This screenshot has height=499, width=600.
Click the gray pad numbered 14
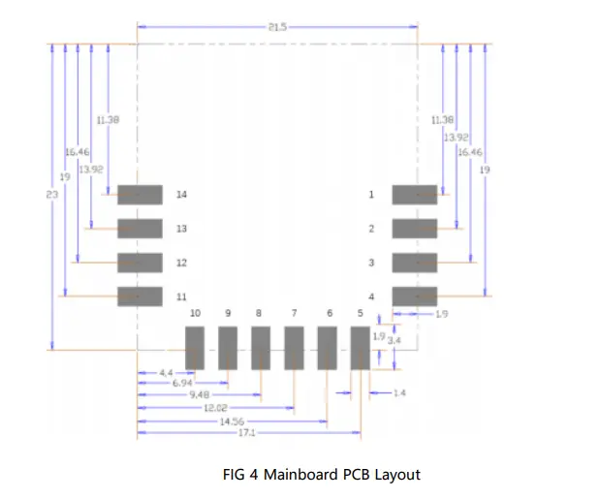click(140, 195)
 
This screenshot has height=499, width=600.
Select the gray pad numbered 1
click(415, 195)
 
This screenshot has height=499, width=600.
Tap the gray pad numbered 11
click(140, 296)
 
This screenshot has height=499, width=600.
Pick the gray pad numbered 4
click(415, 296)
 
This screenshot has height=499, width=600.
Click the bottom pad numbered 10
click(195, 347)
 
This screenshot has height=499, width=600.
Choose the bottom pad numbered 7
click(294, 347)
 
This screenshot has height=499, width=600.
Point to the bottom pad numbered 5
click(360, 347)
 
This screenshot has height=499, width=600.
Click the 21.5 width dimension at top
click(277, 27)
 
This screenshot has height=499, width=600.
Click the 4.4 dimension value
click(166, 372)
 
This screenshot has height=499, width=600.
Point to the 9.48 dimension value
click(200, 396)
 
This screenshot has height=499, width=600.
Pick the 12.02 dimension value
click(215, 409)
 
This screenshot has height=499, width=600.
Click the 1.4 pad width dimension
click(398, 392)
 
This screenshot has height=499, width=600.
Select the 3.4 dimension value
click(393, 341)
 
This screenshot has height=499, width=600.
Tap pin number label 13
click(181, 229)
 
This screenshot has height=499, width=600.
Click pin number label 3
click(370, 263)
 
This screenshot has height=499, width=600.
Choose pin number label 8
click(258, 313)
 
